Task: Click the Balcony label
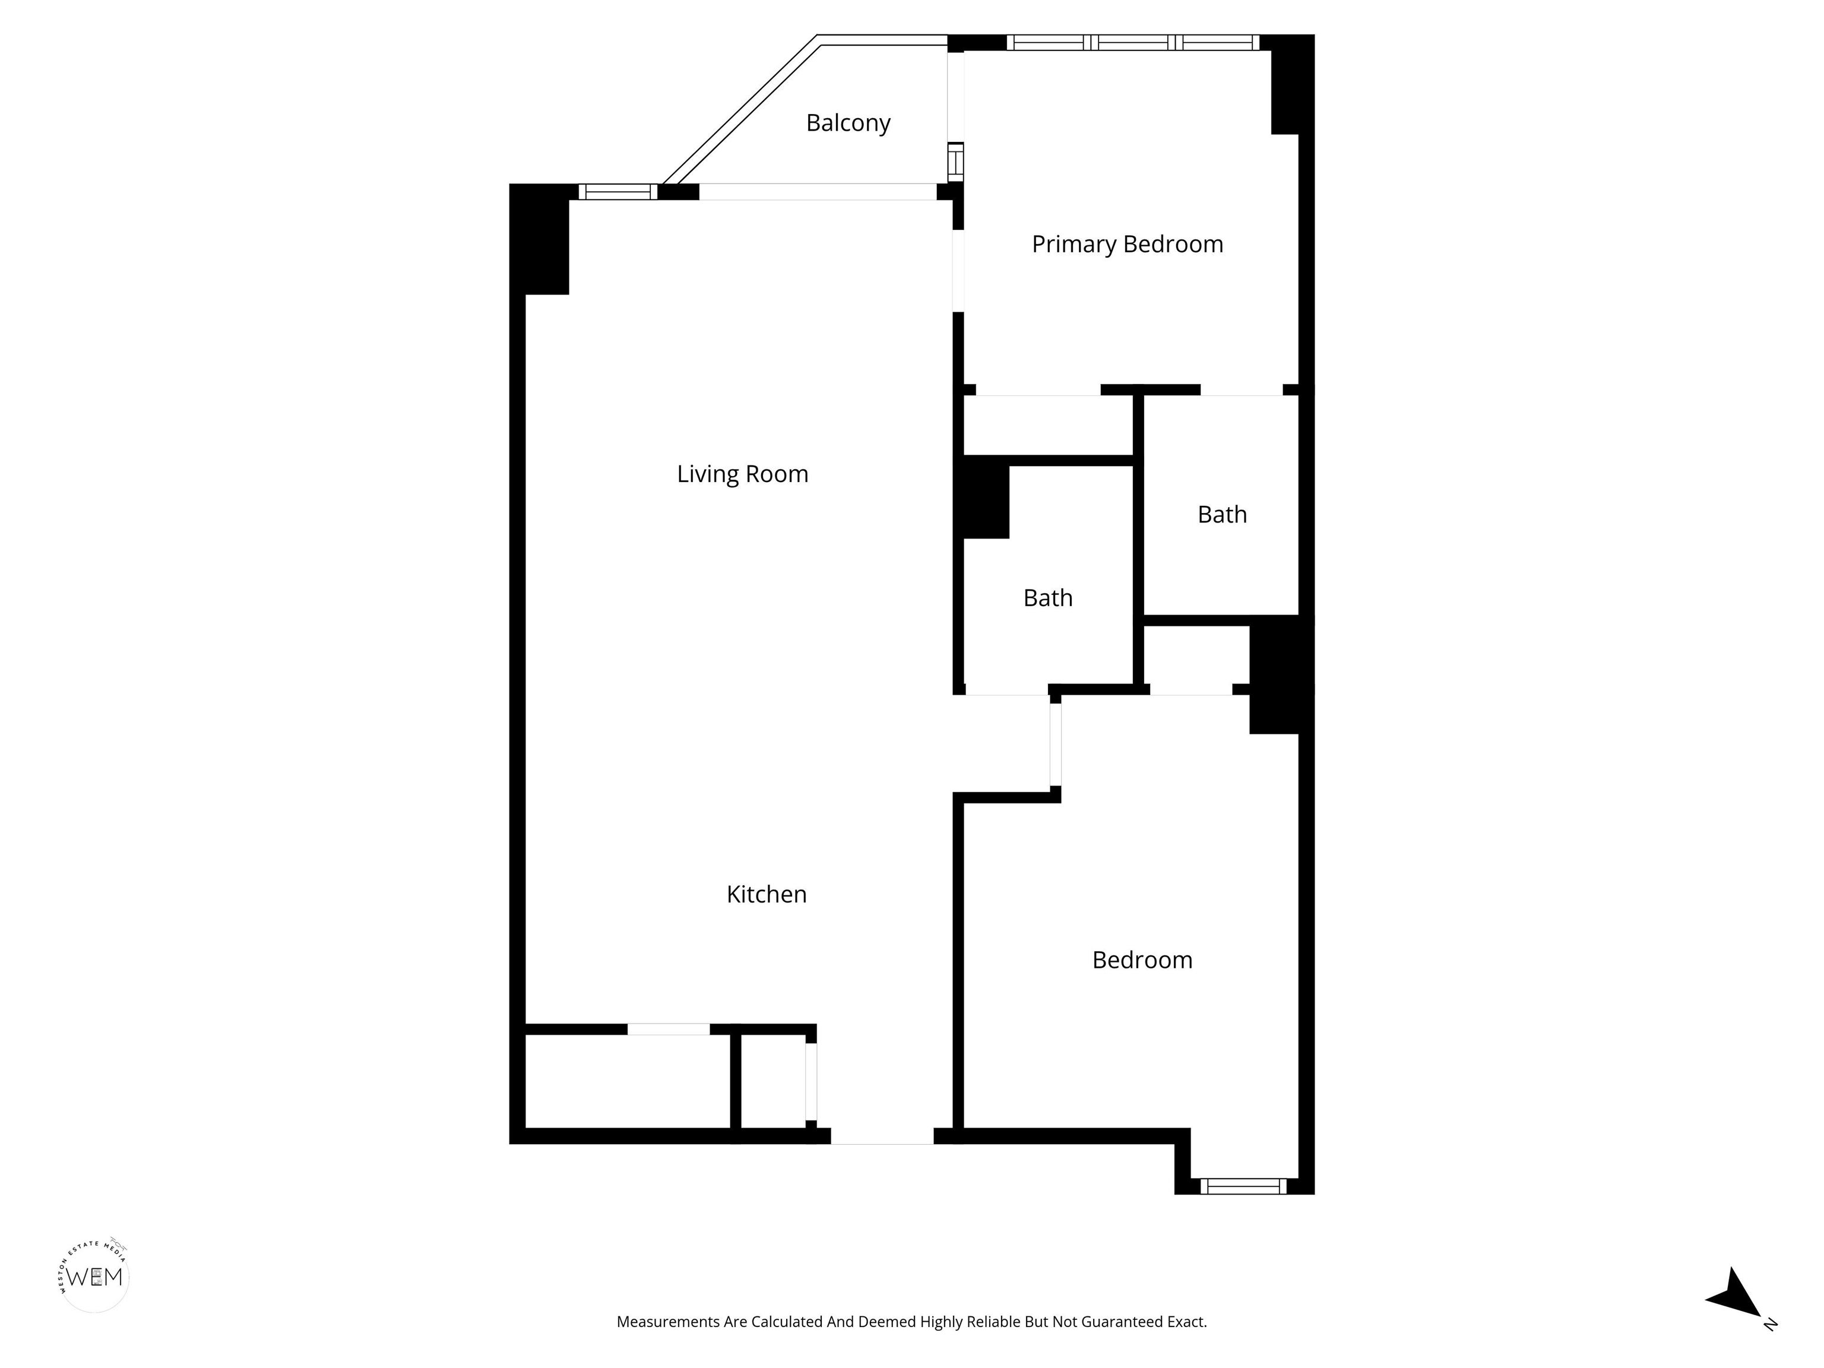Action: [848, 123]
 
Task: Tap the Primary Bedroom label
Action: [1127, 244]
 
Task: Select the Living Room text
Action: [742, 474]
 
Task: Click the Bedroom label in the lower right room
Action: [1142, 960]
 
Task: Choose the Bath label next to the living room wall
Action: [1048, 598]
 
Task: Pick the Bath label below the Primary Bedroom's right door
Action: [1222, 515]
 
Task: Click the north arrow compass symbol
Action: [1735, 1302]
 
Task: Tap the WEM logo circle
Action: [95, 1277]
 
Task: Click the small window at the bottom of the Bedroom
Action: [1243, 1186]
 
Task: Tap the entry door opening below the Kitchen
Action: [882, 1135]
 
